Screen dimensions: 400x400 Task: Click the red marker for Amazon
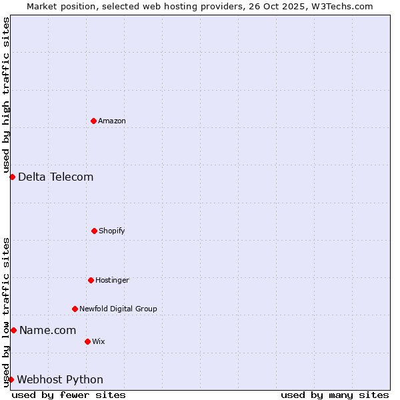[94, 121]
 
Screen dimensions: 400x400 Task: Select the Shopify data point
[94, 231]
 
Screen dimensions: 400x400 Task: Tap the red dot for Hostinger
[91, 280]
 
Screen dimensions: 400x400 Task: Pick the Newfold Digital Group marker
[75, 309]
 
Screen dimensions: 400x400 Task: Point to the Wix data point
[87, 341]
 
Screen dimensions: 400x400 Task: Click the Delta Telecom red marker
[12, 177]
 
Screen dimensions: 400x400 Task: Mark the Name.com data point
[13, 330]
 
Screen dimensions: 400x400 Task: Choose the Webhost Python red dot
[11, 379]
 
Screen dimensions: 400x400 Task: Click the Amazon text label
[112, 121]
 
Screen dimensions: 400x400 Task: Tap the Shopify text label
[112, 231]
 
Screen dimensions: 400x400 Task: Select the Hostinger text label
[112, 280]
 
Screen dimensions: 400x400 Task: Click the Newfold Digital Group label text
[118, 309]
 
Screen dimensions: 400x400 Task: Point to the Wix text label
[99, 341]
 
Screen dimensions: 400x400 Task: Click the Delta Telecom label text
[56, 177]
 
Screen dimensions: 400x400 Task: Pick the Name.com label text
[48, 330]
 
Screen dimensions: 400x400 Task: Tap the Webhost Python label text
[60, 379]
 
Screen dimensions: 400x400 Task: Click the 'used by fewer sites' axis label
[69, 395]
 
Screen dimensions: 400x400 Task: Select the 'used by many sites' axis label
[335, 395]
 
